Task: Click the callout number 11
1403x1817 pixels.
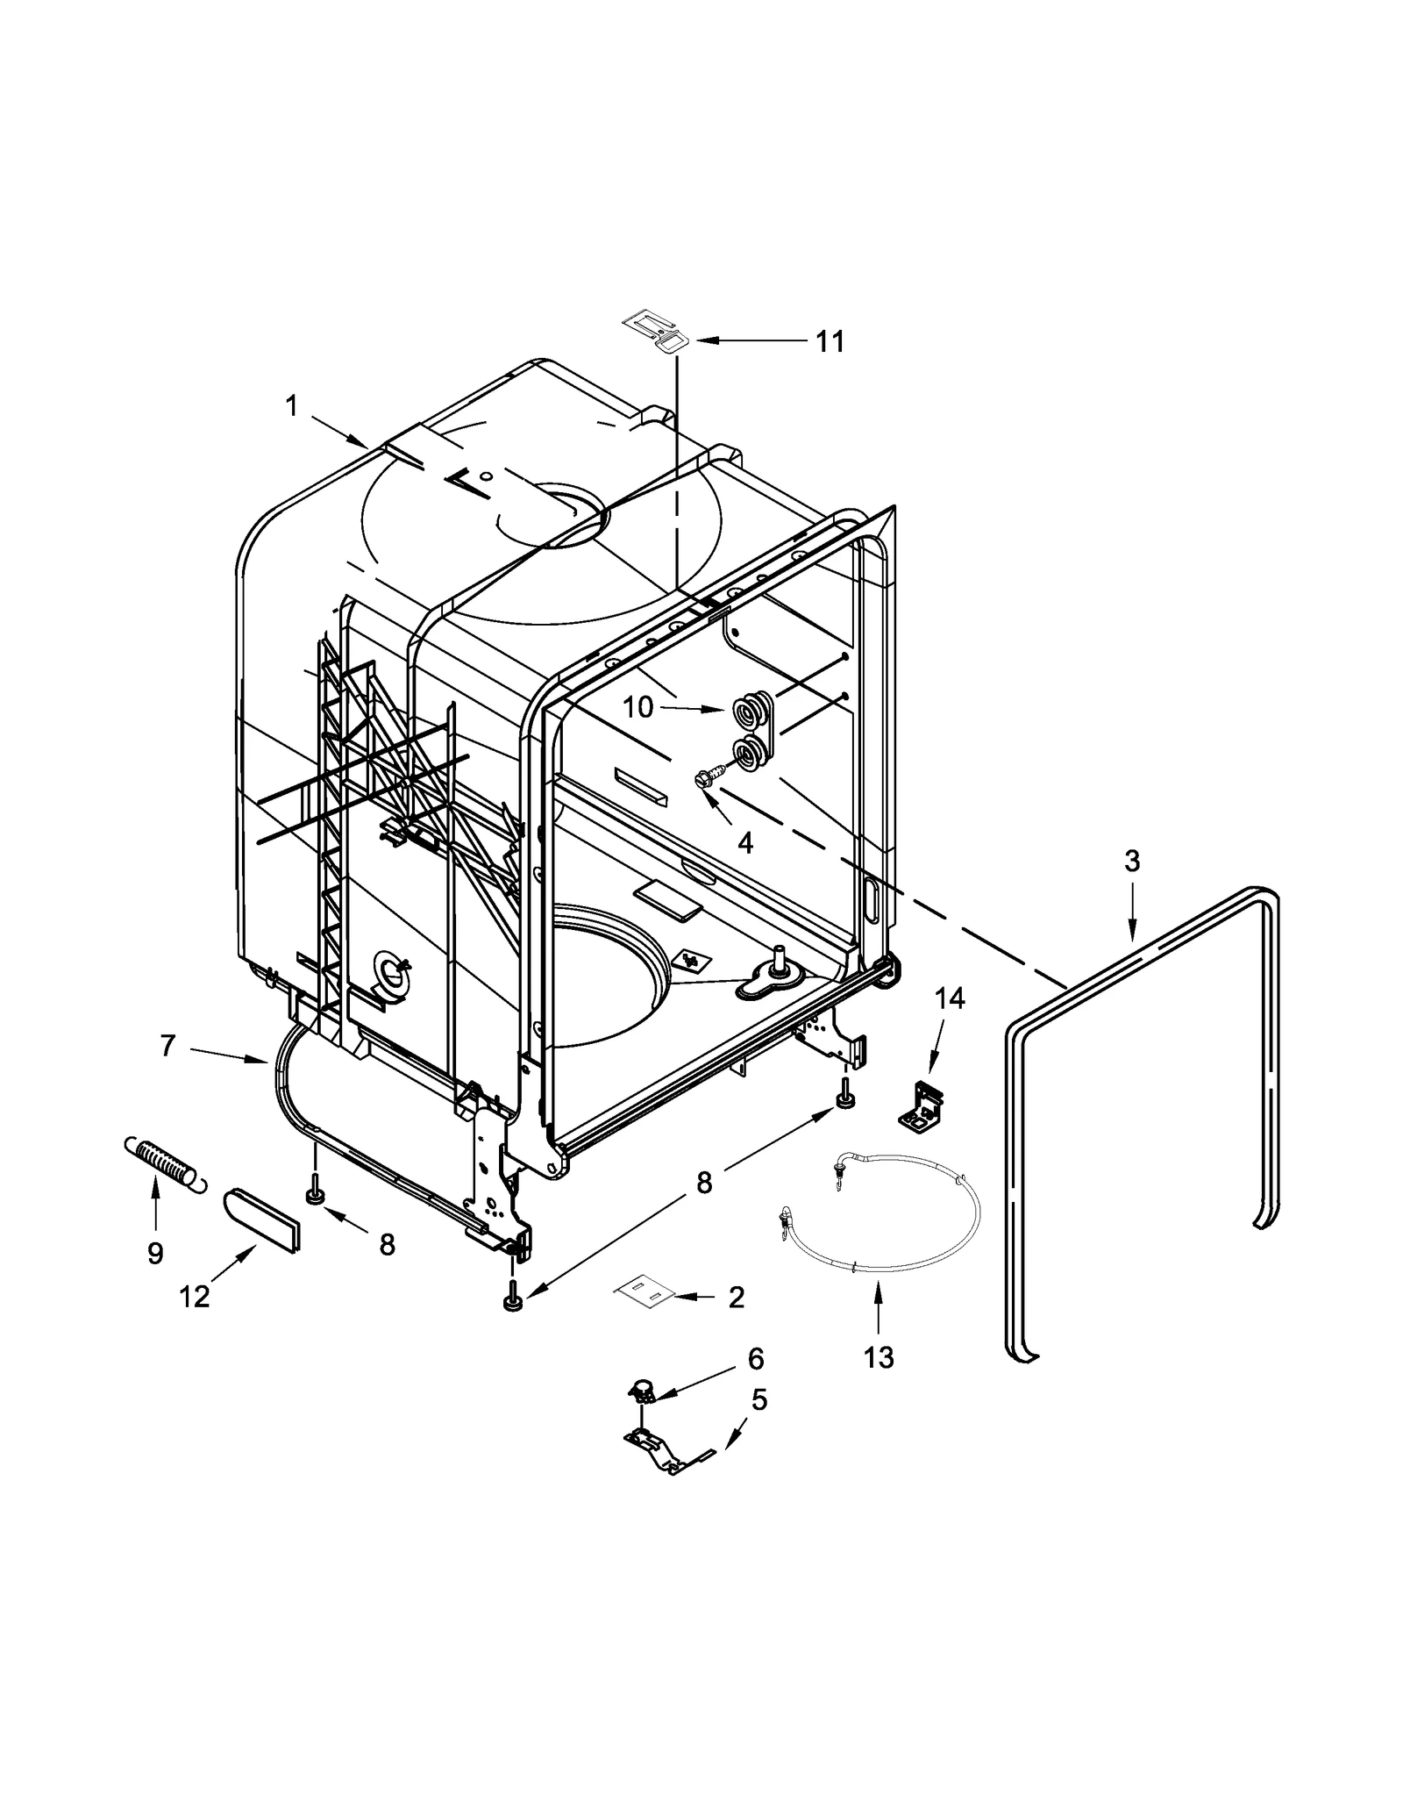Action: pos(830,341)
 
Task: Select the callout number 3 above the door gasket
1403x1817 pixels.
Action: pos(1132,862)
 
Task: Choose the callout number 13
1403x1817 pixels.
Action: pos(878,1356)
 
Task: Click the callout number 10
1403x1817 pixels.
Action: pos(638,707)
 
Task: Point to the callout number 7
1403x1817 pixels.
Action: pos(168,1045)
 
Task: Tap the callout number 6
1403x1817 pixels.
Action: pos(755,1359)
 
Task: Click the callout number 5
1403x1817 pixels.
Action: pos(759,1400)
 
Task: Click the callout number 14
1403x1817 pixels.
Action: pos(949,998)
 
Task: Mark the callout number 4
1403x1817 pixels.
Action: pos(744,843)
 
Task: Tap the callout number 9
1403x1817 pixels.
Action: pos(155,1253)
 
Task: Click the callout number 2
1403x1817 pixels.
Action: pos(736,1297)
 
